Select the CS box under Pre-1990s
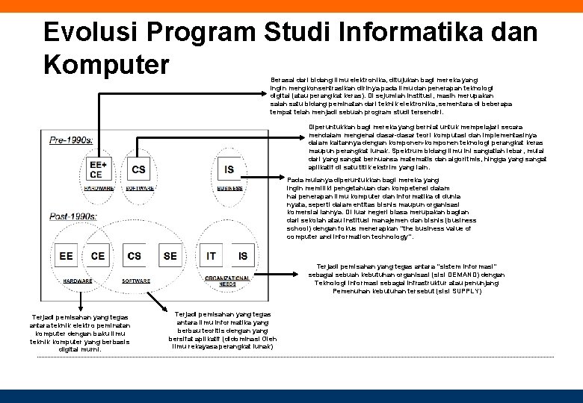[138, 169]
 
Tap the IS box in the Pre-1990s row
[229, 169]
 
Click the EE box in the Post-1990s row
[67, 256]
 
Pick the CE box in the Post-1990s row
[98, 256]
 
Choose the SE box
[170, 256]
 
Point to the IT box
[212, 256]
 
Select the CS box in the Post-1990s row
[134, 256]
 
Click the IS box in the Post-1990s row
[243, 256]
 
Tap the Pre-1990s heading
[71, 140]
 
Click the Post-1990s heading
[73, 216]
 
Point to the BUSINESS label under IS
[229, 189]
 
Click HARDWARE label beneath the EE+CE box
[98, 189]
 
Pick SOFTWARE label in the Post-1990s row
[135, 281]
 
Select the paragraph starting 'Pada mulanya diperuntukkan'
[382, 208]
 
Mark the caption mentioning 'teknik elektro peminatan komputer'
[79, 334]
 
